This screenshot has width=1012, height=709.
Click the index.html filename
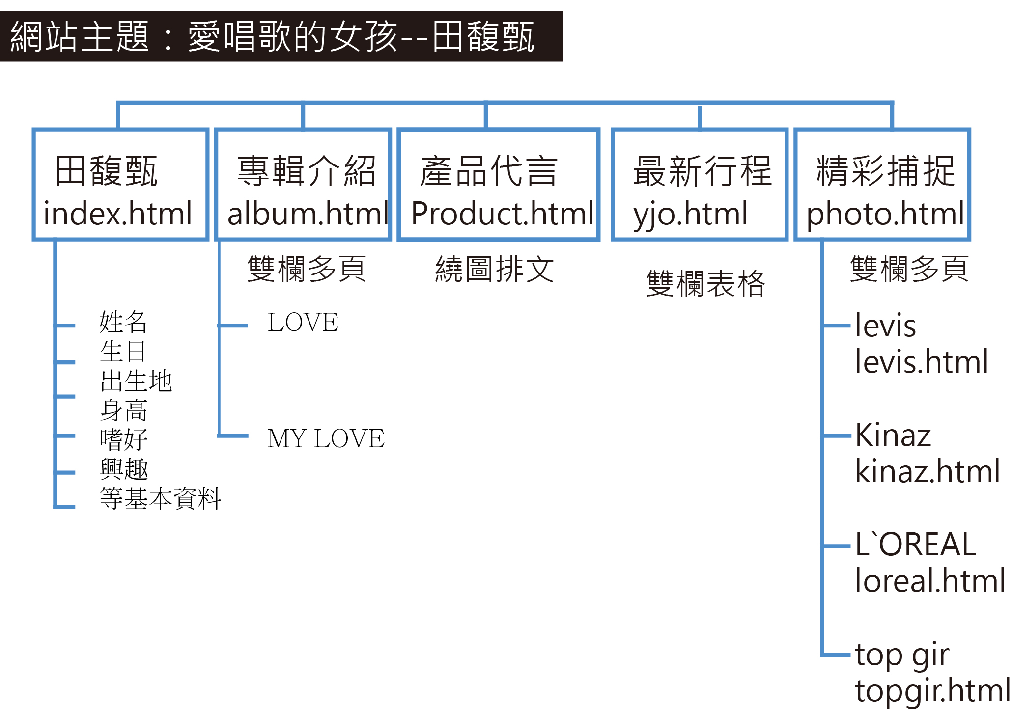tap(117, 214)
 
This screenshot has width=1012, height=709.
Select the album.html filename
tap(308, 214)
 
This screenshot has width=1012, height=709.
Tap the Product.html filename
tap(502, 214)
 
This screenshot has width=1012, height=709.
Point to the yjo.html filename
tap(690, 215)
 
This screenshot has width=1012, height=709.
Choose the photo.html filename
tap(885, 215)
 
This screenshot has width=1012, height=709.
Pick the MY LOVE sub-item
tap(326, 438)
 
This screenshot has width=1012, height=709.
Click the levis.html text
tap(921, 362)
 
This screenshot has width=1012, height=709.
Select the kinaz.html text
tap(927, 471)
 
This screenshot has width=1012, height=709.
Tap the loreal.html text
tap(929, 581)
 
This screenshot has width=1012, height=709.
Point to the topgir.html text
tap(932, 691)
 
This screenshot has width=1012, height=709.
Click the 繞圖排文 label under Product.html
tap(494, 269)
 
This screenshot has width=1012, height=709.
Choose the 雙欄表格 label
tap(705, 284)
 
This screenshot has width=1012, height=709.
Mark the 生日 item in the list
tap(123, 352)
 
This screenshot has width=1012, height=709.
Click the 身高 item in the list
tap(124, 410)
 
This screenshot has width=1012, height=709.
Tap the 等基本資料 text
tap(160, 499)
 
